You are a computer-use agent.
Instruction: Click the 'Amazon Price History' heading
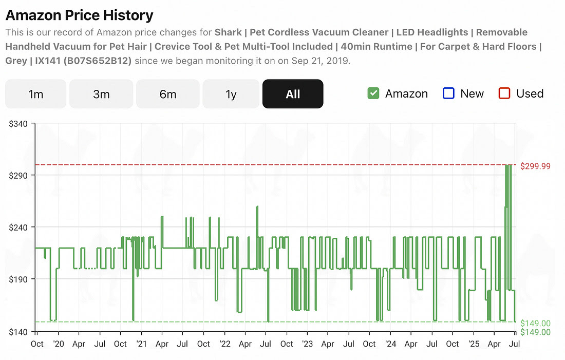pos(80,15)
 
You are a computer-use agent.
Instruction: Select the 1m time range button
pos(35,94)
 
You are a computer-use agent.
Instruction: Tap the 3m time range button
pos(101,94)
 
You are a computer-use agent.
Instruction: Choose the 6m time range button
pos(167,94)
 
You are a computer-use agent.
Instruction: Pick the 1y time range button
pos(231,94)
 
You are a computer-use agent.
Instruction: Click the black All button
pos(293,94)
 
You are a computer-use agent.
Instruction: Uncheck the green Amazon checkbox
pos(373,93)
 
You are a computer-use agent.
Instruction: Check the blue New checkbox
pos(448,93)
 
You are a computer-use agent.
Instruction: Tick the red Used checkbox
pos(504,93)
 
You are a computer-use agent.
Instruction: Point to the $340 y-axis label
pos(19,124)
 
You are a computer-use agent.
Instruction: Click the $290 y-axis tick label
pos(19,176)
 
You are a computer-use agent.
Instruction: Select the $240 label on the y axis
pos(19,228)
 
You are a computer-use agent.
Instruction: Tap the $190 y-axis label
pos(19,279)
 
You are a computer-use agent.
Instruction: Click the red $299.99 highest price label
pos(535,166)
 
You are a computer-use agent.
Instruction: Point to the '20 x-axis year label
pos(58,344)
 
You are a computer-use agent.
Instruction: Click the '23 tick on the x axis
pos(307,344)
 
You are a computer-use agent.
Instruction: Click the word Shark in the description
pos(229,32)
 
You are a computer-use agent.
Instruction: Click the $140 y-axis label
pos(19,331)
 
